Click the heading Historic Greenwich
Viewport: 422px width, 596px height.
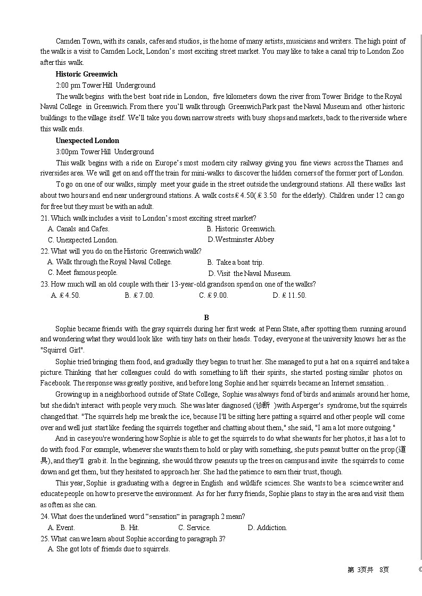[86, 74]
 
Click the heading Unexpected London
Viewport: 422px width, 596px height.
[87, 140]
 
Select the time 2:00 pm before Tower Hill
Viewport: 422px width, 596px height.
[68, 85]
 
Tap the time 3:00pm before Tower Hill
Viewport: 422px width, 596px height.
[67, 152]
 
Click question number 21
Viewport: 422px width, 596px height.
[45, 218]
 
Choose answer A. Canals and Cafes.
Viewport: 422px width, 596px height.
[79, 229]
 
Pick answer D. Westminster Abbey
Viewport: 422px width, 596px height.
[241, 239]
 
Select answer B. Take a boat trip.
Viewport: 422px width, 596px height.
[235, 262]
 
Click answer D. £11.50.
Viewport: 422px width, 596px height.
[289, 295]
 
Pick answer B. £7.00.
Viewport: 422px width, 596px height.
[139, 295]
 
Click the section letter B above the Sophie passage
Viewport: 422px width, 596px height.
[207, 317]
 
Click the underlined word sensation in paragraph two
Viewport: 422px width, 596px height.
[370, 383]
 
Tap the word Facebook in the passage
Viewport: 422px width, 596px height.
[55, 383]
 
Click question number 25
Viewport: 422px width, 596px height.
[45, 538]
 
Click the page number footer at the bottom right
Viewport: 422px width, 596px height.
[368, 569]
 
